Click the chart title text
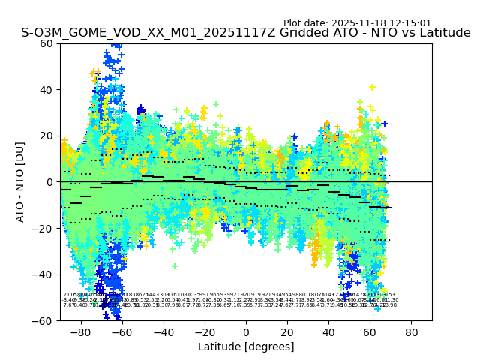[x=246, y=33]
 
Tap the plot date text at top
[x=357, y=23]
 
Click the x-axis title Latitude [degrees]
[x=246, y=346]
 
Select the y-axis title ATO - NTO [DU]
[x=20, y=182]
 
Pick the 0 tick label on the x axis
[x=246, y=331]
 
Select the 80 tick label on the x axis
[x=412, y=331]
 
